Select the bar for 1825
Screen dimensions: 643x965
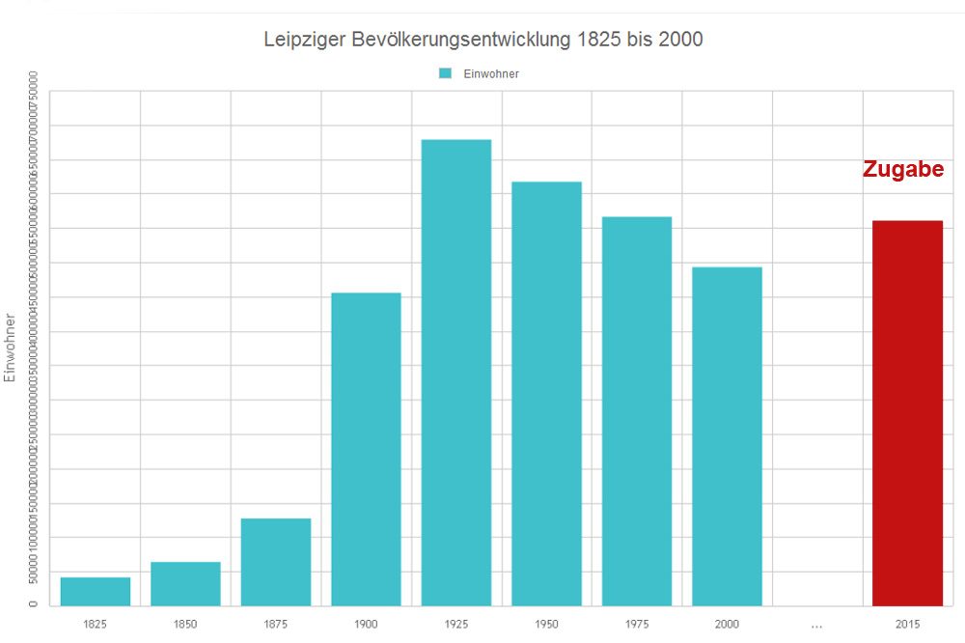[x=96, y=591]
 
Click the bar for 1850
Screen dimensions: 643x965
[x=185, y=583]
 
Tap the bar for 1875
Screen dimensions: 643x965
[x=276, y=562]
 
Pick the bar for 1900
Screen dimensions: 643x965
[x=366, y=449]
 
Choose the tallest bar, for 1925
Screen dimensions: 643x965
[x=456, y=373]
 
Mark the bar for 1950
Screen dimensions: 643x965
[x=546, y=394]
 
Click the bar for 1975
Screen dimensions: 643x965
[x=637, y=411]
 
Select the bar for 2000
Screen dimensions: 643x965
[x=727, y=436]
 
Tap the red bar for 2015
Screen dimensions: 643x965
[x=907, y=413]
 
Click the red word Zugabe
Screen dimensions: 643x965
[x=902, y=170]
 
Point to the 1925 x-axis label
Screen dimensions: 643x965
[x=456, y=625]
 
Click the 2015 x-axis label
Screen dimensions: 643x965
[x=907, y=625]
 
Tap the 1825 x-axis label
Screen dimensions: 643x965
[x=96, y=625]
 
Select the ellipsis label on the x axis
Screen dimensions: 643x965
[x=817, y=625]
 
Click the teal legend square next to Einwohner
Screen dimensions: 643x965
[x=445, y=73]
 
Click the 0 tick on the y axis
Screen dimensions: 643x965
[x=33, y=604]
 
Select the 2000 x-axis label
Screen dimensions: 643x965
[x=727, y=625]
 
